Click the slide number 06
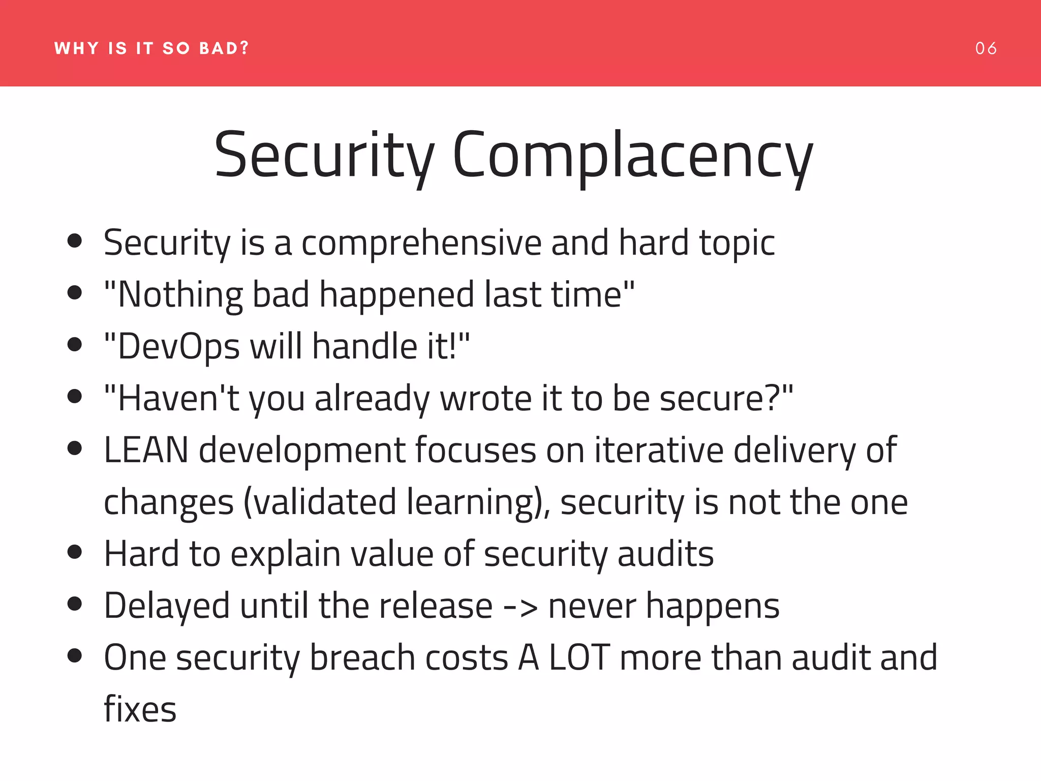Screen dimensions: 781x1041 [x=986, y=48]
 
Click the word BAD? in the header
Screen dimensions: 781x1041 [x=224, y=48]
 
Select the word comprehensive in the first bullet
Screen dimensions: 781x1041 [x=422, y=243]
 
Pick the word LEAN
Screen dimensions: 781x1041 [x=146, y=450]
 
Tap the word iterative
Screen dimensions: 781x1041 [x=659, y=450]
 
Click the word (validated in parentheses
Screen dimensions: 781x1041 [x=320, y=502]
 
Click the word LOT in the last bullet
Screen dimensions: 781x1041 [x=579, y=657]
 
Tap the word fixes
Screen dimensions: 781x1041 [x=140, y=709]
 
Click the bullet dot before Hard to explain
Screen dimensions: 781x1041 [x=75, y=552]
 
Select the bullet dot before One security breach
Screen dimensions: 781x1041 [x=75, y=656]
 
